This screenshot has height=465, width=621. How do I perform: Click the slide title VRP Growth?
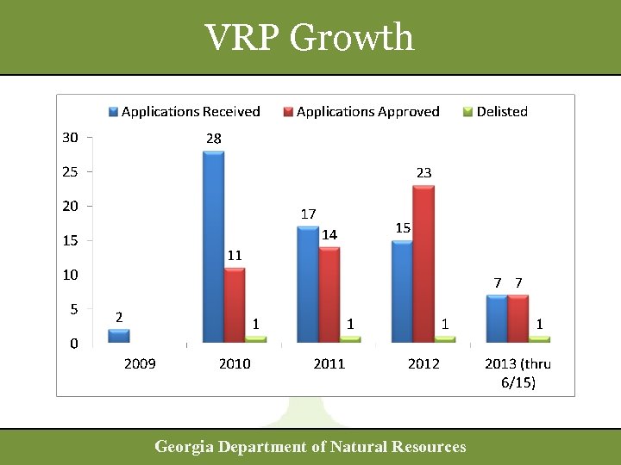point(310,37)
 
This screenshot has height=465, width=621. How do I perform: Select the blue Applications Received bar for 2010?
point(213,247)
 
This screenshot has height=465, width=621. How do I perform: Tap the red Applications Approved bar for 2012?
point(423,264)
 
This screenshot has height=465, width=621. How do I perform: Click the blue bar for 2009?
point(118,336)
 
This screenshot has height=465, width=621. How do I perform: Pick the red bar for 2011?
point(329,294)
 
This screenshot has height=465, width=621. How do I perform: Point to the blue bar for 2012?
point(402,291)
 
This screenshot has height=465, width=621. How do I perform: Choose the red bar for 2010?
point(235,305)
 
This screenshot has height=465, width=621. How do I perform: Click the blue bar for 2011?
point(308,284)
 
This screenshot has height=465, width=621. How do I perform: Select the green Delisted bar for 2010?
point(255,339)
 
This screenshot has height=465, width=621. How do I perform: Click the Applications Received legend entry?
point(185,111)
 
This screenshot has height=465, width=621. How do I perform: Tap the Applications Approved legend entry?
point(361,111)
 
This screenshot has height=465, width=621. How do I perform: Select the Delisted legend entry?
point(495,111)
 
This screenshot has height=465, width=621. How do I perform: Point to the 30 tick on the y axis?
point(69,137)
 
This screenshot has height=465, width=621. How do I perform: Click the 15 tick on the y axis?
point(69,240)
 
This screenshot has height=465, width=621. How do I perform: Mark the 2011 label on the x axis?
point(329,363)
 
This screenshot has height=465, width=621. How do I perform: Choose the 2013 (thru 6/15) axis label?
point(517,372)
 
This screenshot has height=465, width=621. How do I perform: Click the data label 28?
point(213,138)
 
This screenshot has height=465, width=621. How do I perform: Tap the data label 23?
point(423,173)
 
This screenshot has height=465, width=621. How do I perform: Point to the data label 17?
point(308,214)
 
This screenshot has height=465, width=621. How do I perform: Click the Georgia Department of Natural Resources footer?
point(310,446)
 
